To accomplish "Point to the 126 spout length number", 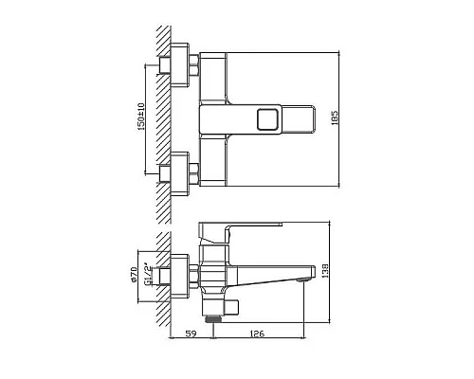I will click(256, 332).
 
